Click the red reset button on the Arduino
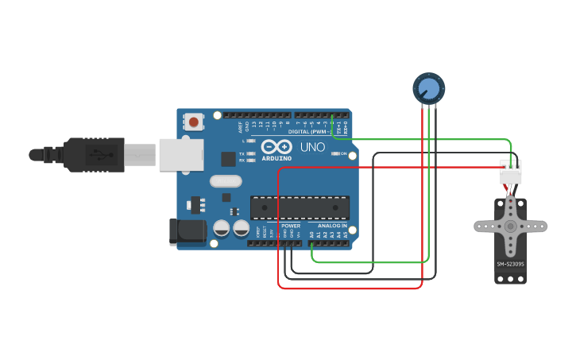193,122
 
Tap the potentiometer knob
428,87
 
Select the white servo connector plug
511,172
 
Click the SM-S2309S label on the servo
510,264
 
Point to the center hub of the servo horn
510,226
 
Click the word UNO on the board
307,147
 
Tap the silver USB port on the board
181,154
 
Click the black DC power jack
187,231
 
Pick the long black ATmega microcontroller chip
300,207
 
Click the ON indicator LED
334,153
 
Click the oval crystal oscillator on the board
226,181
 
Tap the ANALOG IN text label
333,226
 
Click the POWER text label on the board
291,226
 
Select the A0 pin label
311,234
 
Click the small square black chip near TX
228,159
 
